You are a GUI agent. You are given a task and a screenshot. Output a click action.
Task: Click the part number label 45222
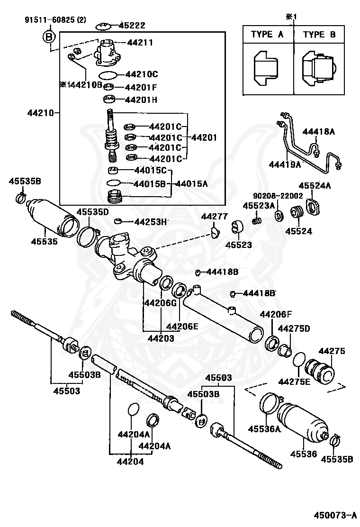pyautogui.click(x=132, y=26)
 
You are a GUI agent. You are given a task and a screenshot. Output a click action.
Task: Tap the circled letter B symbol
pyautogui.click(x=49, y=36)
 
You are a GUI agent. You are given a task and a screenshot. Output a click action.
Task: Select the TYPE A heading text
pyautogui.click(x=268, y=35)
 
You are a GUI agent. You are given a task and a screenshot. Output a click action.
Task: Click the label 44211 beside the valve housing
pyautogui.click(x=140, y=43)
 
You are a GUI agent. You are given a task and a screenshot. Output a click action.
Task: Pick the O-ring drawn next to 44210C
pyautogui.click(x=108, y=75)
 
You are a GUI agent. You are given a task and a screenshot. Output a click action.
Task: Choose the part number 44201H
pyautogui.click(x=141, y=100)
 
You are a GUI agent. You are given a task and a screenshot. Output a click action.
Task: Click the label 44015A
pyautogui.click(x=191, y=183)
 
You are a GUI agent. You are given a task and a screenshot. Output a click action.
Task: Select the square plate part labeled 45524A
pyautogui.click(x=314, y=207)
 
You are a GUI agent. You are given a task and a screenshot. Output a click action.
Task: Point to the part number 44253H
pyautogui.click(x=151, y=221)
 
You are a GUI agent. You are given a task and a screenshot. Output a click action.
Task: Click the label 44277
pyautogui.click(x=214, y=216)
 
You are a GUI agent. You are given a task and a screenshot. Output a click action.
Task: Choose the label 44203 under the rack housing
pyautogui.click(x=161, y=338)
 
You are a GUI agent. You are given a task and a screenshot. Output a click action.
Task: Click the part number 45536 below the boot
pyautogui.click(x=303, y=454)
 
